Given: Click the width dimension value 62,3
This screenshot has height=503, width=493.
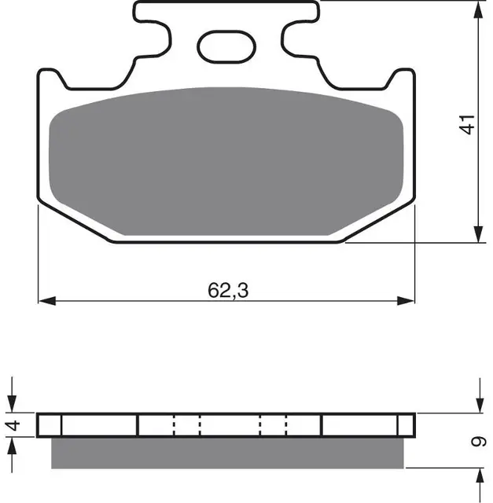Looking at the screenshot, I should coord(228,290).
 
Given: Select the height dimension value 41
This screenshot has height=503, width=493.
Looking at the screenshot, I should coord(468,125).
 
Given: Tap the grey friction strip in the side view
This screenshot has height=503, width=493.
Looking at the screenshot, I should coord(228,453).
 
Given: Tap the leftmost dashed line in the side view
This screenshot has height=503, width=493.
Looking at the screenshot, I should coord(172,425).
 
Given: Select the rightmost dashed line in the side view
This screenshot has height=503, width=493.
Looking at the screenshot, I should coord(286,425).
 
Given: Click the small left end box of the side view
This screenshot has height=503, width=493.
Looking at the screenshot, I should coord(49,425).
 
